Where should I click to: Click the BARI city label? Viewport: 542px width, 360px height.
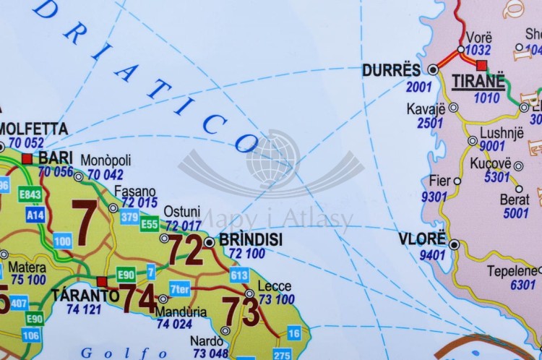(x=55, y=158)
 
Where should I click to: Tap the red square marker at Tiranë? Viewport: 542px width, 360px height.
(x=482, y=65)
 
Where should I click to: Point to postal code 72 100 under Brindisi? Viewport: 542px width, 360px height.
(x=246, y=253)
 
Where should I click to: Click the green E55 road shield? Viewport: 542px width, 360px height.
(x=150, y=224)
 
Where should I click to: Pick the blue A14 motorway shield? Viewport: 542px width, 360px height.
(x=35, y=215)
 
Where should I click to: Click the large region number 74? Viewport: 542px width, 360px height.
(x=137, y=297)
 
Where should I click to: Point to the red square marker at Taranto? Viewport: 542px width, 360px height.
(x=102, y=281)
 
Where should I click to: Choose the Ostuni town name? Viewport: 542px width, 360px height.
(x=181, y=212)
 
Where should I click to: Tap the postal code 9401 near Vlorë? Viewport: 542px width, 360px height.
(x=431, y=254)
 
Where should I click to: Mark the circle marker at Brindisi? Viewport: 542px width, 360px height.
(x=209, y=242)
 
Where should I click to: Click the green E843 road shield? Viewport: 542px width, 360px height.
(x=30, y=195)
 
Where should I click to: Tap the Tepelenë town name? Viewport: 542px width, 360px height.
(x=511, y=271)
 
